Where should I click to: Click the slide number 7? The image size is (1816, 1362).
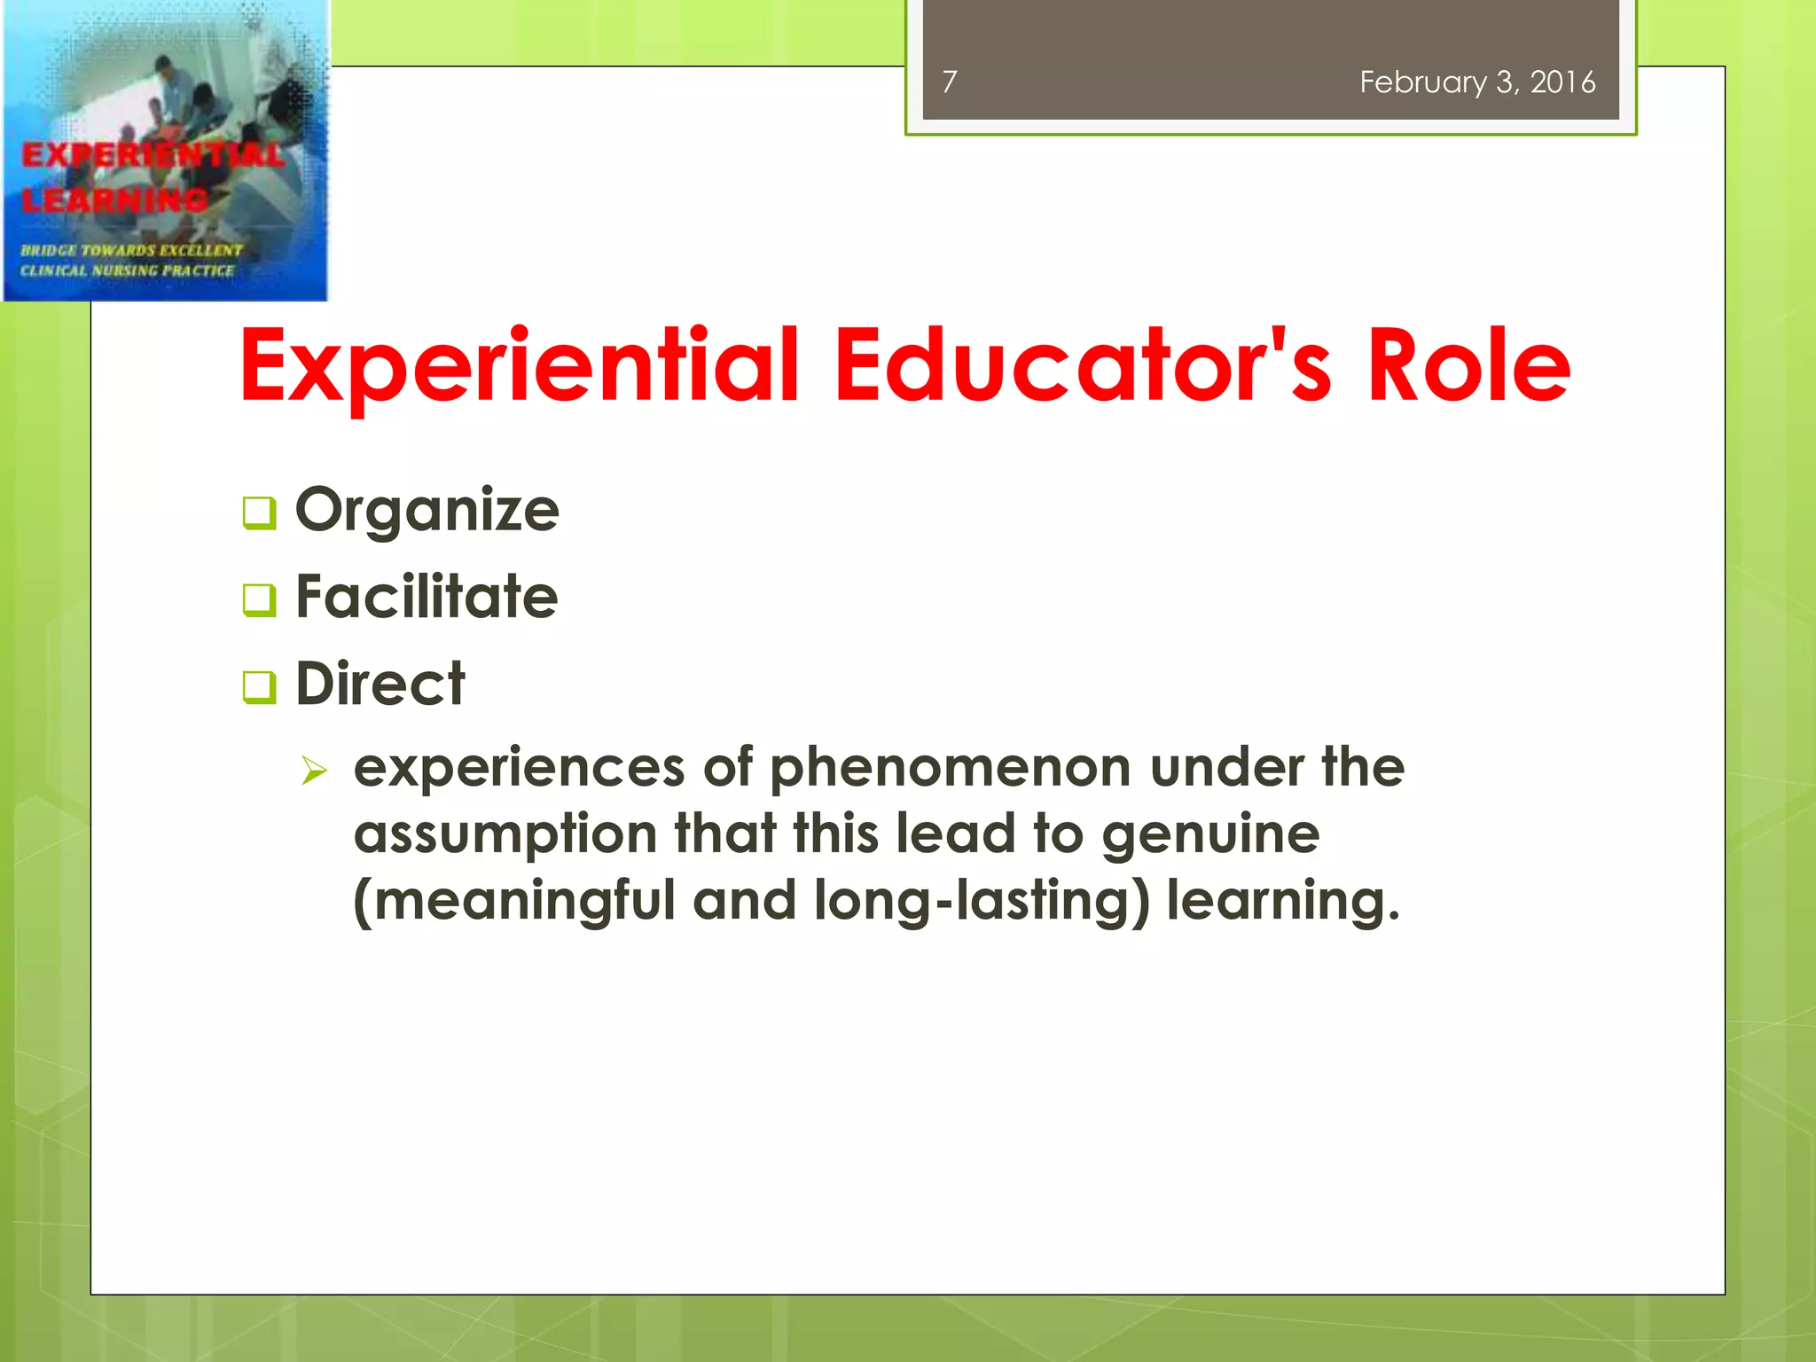[950, 82]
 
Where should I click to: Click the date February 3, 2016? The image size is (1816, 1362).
[1477, 82]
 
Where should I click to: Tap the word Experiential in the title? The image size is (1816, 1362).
[520, 366]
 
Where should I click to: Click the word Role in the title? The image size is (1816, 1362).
[1468, 364]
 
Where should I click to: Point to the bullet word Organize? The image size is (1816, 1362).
[427, 512]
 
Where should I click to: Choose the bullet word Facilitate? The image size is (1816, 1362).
[427, 597]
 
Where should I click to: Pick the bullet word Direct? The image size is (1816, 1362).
[380, 684]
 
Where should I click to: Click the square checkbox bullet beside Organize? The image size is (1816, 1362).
[259, 513]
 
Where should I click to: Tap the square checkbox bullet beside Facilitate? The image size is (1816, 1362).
[259, 599]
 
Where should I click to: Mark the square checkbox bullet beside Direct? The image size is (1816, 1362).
[259, 686]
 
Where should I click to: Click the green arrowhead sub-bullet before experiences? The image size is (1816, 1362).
[314, 770]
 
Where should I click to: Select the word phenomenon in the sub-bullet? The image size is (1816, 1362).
[950, 768]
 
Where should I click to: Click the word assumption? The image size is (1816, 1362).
[505, 835]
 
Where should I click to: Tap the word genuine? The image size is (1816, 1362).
[1210, 835]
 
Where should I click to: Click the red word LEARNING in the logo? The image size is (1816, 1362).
[115, 200]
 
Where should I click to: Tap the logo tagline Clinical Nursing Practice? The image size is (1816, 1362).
[128, 270]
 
